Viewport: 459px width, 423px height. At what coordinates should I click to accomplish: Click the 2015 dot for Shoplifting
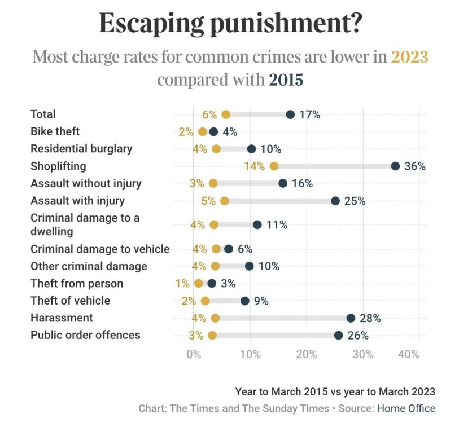click(x=395, y=166)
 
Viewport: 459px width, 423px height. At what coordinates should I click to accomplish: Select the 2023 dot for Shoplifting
click(x=274, y=166)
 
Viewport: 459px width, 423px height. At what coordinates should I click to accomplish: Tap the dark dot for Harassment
click(x=351, y=318)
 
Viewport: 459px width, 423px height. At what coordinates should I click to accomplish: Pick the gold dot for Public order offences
click(x=212, y=335)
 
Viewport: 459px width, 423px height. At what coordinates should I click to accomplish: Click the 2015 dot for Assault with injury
click(x=335, y=201)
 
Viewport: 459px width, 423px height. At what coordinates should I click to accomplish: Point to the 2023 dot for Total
click(x=226, y=114)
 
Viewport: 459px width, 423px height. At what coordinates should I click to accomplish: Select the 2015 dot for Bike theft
click(x=213, y=132)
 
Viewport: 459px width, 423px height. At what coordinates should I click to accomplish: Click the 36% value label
click(x=415, y=166)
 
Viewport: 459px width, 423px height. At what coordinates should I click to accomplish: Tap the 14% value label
click(x=255, y=166)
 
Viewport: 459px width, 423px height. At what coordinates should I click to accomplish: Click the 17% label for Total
click(x=310, y=114)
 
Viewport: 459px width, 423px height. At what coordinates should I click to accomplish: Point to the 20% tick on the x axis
click(x=307, y=354)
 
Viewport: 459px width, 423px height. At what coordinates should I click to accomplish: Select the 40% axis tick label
click(x=408, y=354)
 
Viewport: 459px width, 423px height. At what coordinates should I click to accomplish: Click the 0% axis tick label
click(x=194, y=354)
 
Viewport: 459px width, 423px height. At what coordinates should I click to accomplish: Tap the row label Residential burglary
click(x=81, y=149)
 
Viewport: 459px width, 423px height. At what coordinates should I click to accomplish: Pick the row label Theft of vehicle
click(x=71, y=301)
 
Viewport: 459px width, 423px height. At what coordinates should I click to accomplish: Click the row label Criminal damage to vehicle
click(x=100, y=249)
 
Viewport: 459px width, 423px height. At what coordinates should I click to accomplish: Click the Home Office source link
click(x=406, y=408)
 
